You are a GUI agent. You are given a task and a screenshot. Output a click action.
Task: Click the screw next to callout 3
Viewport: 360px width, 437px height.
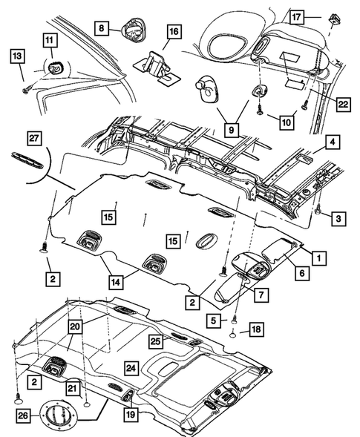(317, 210)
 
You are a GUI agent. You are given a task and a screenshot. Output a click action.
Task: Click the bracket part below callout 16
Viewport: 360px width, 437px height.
(157, 62)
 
